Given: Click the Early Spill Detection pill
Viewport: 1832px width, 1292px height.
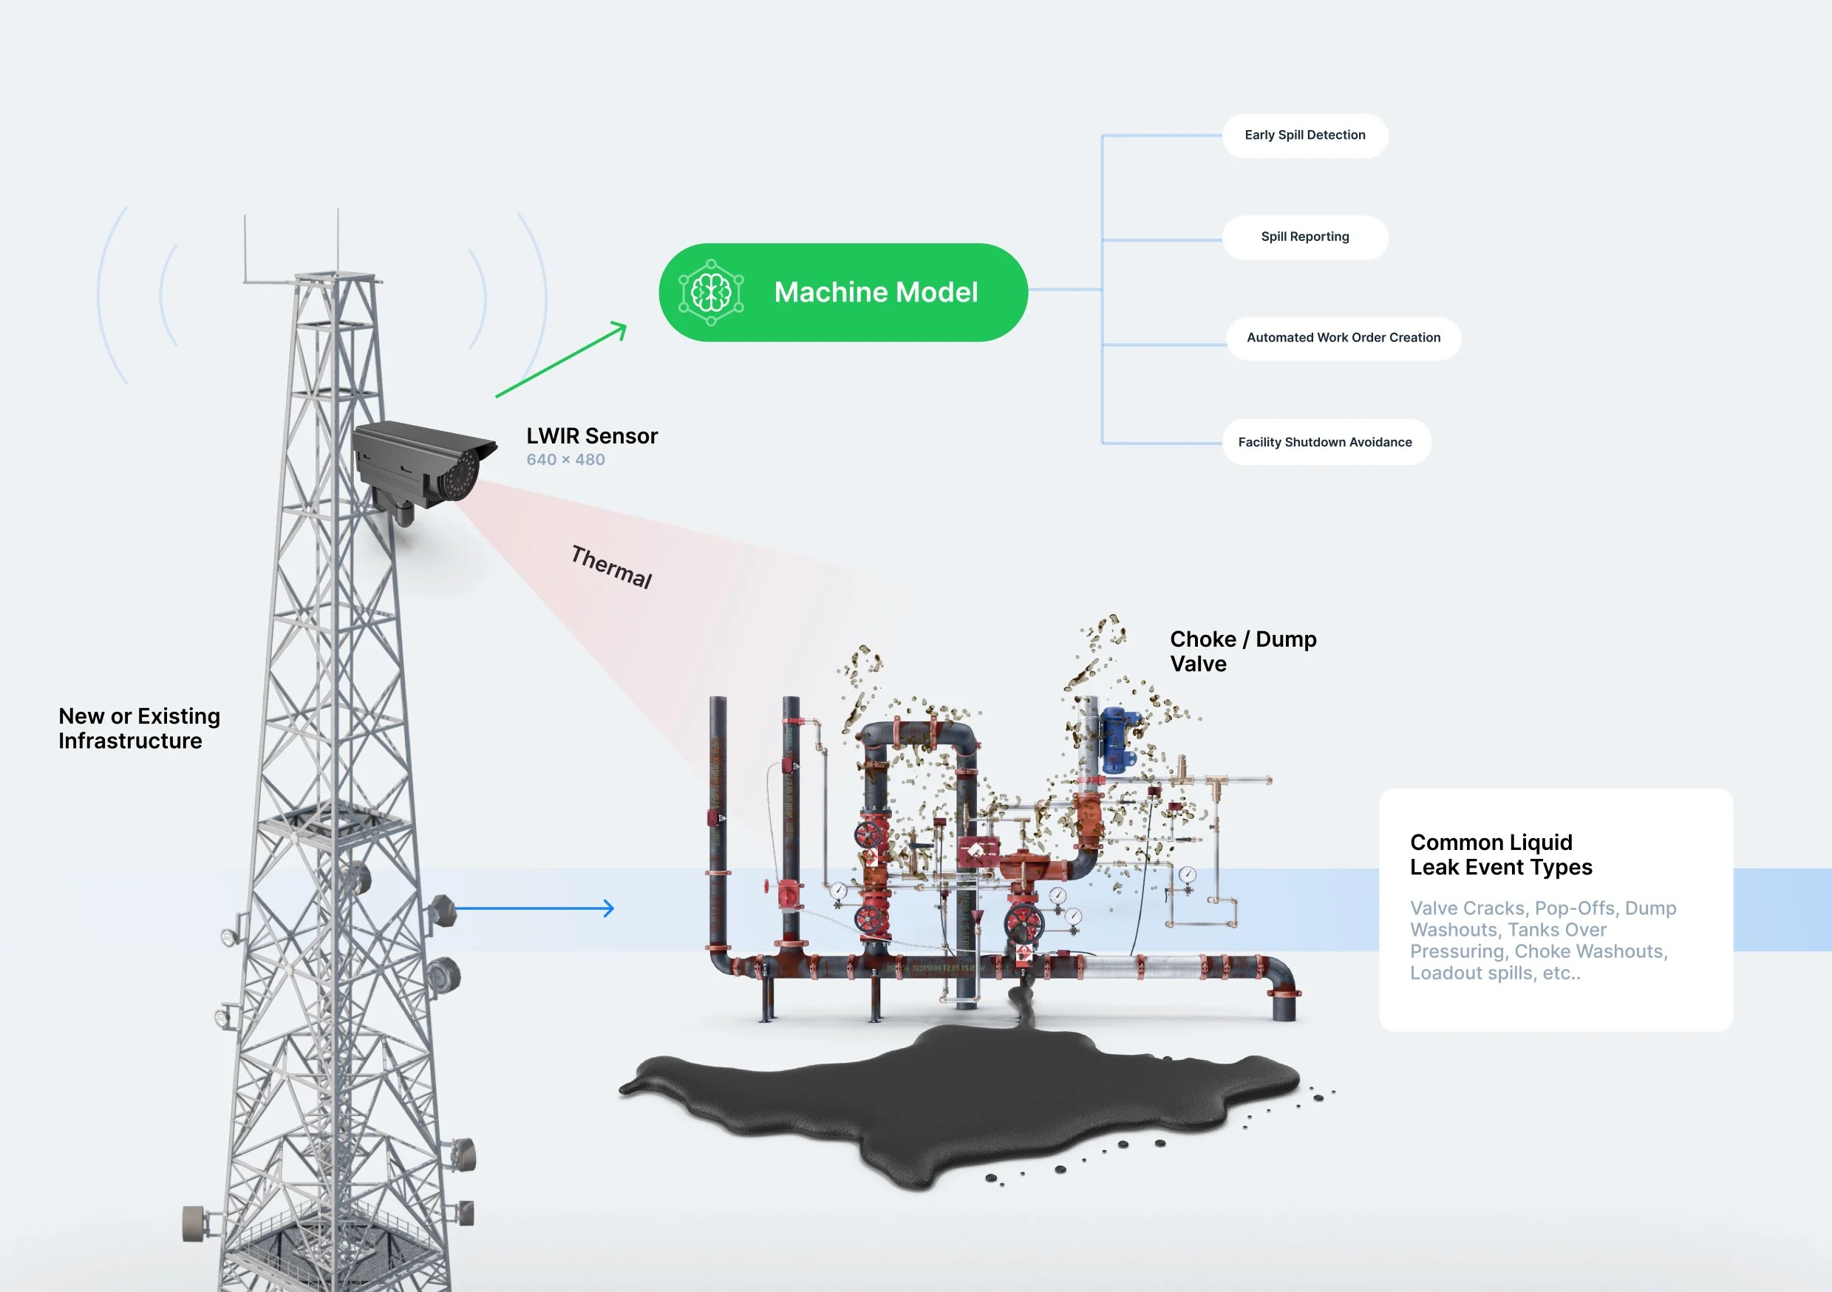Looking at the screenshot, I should coord(1304,136).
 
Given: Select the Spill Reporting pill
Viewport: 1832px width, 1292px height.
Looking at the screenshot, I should coord(1304,237).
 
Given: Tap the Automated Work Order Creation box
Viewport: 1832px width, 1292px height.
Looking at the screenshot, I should coord(1343,339).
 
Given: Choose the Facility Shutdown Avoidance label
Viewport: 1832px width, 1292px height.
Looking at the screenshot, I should coord(1324,442).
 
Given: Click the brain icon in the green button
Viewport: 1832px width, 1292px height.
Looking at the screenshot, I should coord(711,293).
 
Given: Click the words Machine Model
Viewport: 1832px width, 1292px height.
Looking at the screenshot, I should coord(875,293).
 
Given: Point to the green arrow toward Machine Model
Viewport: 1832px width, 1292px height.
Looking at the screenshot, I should coord(561,360).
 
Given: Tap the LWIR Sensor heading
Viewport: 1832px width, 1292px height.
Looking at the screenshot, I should coord(591,436).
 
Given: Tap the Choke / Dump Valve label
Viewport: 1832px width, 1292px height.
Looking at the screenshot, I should coord(1242,651).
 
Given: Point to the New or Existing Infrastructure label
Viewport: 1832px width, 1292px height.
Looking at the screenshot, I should coord(139,728).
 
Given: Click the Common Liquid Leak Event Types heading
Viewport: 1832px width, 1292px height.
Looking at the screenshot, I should coord(1500,854).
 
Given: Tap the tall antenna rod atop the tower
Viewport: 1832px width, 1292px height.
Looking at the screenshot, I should coord(338,239).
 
